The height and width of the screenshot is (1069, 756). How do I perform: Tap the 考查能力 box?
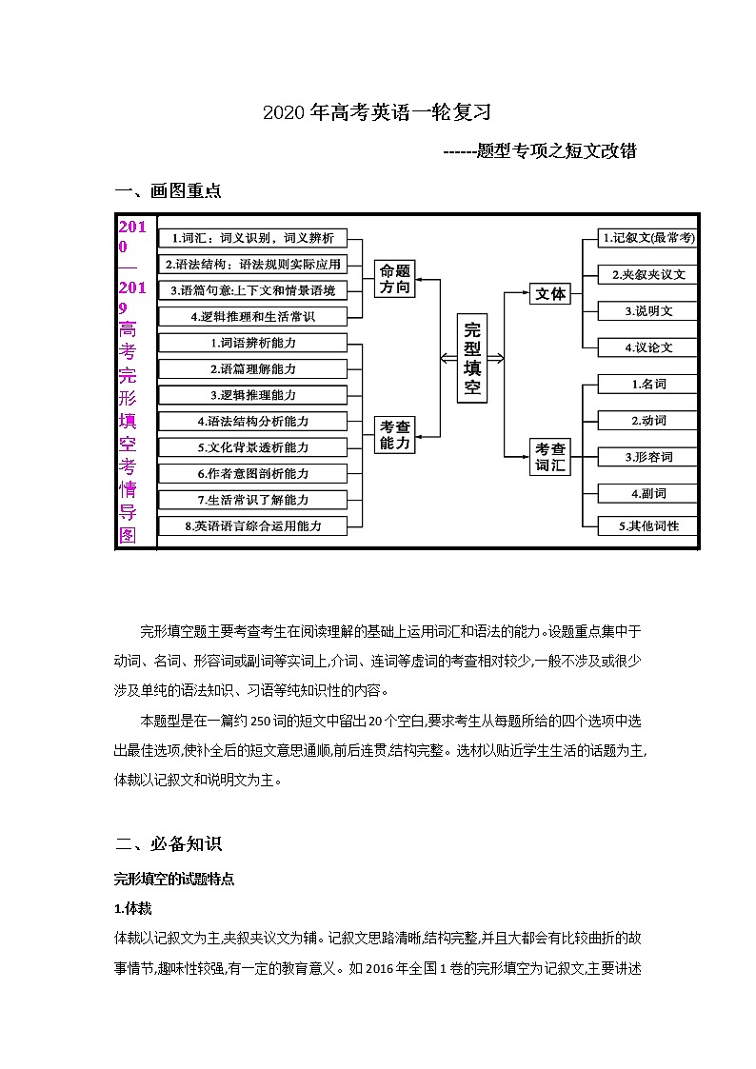pyautogui.click(x=395, y=434)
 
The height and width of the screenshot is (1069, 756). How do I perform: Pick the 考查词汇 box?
pyautogui.click(x=550, y=457)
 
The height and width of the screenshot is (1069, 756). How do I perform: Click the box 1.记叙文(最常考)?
pyautogui.click(x=647, y=238)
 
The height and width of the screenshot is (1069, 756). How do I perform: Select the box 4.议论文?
pyautogui.click(x=647, y=347)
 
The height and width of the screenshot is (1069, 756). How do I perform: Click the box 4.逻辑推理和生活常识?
pyautogui.click(x=252, y=316)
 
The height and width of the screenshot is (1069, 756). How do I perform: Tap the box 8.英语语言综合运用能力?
pyautogui.click(x=252, y=525)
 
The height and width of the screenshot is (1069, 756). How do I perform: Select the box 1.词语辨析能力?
pyautogui.click(x=252, y=343)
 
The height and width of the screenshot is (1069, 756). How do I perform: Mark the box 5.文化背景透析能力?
pyautogui.click(x=252, y=447)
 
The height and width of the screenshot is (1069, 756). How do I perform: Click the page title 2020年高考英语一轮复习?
pyautogui.click(x=377, y=112)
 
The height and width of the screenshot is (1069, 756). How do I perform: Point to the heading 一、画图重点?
pyautogui.click(x=168, y=190)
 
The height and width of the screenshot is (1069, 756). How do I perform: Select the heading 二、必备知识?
pyautogui.click(x=168, y=843)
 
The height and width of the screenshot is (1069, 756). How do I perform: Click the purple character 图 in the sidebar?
pyautogui.click(x=128, y=535)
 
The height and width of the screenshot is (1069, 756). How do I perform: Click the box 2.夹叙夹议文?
pyautogui.click(x=647, y=274)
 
